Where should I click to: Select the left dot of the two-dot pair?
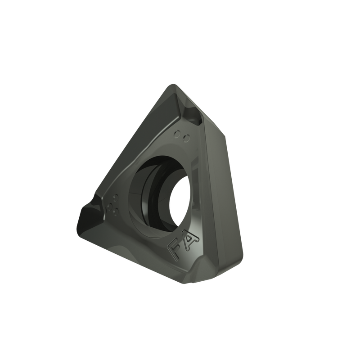point(177,134)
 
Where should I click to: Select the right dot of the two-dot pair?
point(187,139)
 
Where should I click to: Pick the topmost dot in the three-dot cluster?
point(116,198)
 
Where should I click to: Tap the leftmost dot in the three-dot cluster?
point(110,207)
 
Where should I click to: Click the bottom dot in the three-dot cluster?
point(116,212)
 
